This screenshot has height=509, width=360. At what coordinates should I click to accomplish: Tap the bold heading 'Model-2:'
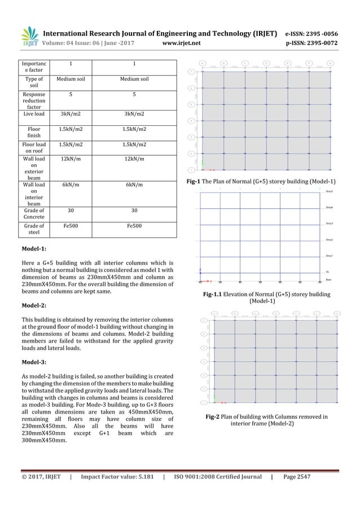[34, 304]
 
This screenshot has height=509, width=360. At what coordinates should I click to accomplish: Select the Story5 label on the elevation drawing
[330, 192]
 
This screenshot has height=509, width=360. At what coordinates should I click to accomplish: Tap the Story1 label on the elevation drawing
[330, 256]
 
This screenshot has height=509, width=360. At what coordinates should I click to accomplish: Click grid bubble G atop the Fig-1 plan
[331, 63]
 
